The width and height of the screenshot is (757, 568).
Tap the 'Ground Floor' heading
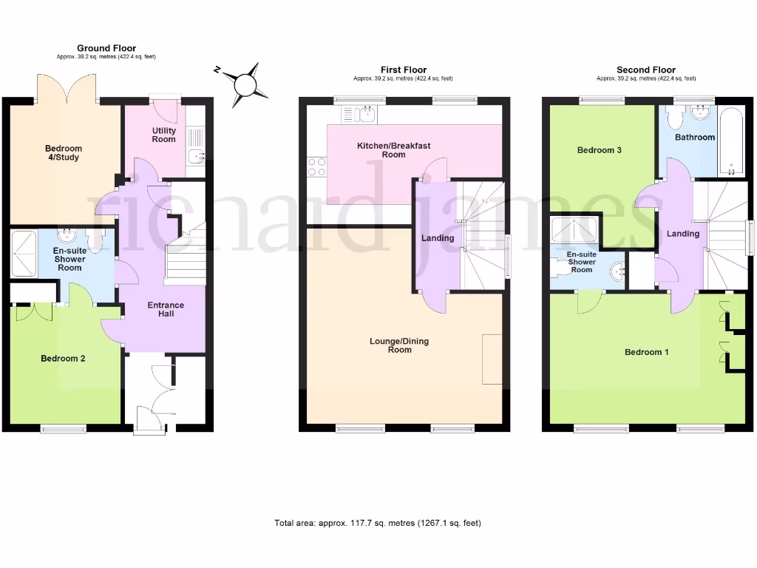tap(106, 49)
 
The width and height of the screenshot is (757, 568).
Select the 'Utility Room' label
tap(164, 135)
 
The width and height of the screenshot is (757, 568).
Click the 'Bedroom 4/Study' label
tap(63, 153)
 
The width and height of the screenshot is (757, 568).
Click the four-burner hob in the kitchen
tap(316, 167)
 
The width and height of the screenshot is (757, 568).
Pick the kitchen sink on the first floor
tap(360, 114)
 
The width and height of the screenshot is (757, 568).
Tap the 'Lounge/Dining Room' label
tap(399, 345)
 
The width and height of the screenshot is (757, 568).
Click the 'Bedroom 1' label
tap(646, 352)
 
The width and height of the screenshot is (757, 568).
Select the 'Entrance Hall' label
tap(166, 309)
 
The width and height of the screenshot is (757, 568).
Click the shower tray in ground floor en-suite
tap(24, 253)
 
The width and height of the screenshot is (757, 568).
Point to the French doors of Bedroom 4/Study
tap(67, 87)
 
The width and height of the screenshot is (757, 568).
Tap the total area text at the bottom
tap(378, 524)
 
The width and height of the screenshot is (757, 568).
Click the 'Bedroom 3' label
tap(599, 150)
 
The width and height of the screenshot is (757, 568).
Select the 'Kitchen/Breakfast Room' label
tap(393, 150)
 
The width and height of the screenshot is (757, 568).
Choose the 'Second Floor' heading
tap(645, 70)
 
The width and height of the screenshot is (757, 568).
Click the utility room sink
tap(195, 155)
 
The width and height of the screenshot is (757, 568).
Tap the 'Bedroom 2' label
tap(63, 359)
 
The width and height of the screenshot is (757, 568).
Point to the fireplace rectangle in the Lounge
tap(492, 359)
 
